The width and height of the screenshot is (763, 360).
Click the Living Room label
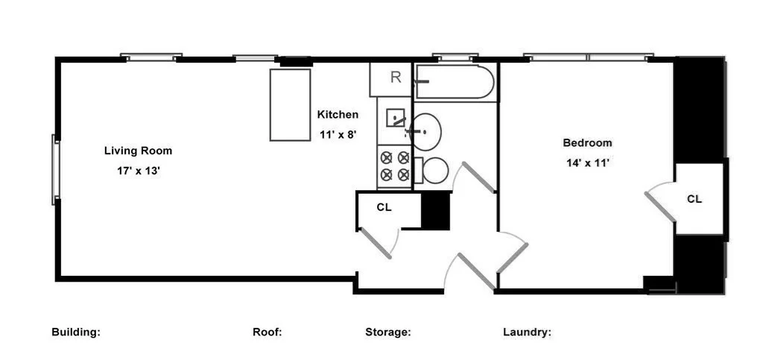138,151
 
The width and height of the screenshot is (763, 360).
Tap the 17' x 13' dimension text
138,171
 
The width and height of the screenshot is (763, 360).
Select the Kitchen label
338,115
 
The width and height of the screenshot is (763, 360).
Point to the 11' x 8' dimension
339,135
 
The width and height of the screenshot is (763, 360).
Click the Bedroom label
587,143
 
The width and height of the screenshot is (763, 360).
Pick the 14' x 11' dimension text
587,163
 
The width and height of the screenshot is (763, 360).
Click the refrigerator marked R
390,79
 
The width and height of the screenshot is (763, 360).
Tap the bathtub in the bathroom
455,82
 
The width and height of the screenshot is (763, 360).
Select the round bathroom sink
425,132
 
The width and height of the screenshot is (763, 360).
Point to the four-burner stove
395,166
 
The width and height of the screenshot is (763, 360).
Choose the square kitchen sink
396,118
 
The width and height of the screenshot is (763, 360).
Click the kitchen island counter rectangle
290,105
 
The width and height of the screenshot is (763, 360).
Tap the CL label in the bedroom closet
694,199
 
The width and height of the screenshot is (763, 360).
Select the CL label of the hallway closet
384,207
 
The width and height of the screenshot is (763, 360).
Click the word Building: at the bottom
76,332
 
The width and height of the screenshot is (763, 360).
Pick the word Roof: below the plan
267,332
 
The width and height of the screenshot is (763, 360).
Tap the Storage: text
387,332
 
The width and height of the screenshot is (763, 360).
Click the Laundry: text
527,332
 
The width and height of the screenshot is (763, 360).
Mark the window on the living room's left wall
55,170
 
